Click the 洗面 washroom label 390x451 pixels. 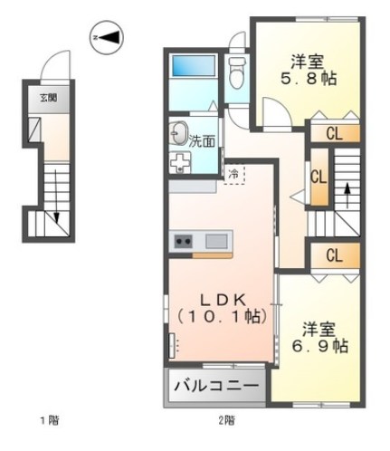pos(203,140)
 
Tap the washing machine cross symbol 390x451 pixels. pos(179,162)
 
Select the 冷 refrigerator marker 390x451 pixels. pos(233,173)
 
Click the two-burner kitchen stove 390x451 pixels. pos(184,242)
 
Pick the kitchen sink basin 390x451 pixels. pos(218,242)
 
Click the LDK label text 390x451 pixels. pos(220,299)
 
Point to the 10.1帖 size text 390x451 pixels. pos(220,317)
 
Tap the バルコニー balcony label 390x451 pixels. pos(214,387)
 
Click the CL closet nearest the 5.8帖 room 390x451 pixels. pos(333,135)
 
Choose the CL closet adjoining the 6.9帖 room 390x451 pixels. pos(333,255)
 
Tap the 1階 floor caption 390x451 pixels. pos(46,420)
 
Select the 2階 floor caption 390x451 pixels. pos(225,420)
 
